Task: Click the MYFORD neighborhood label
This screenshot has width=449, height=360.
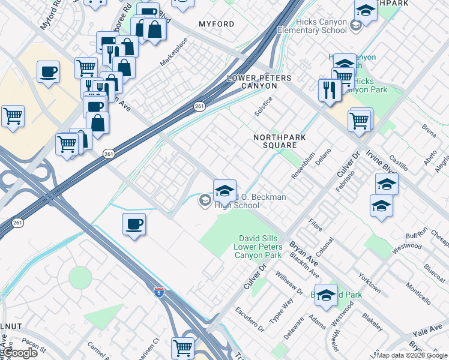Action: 217,24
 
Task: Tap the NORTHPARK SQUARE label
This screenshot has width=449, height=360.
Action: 275,141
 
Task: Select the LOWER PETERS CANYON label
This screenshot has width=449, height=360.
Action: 259,82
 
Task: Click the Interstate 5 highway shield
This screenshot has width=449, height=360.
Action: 158,292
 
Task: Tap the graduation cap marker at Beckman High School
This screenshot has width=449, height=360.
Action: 224,191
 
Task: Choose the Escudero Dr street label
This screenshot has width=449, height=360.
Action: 249,320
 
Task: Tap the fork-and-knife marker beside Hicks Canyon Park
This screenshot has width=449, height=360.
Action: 330,89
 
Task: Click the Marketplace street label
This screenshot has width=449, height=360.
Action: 173,52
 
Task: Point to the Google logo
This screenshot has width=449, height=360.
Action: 20,353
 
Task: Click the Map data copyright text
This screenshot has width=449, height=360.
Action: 412,355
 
